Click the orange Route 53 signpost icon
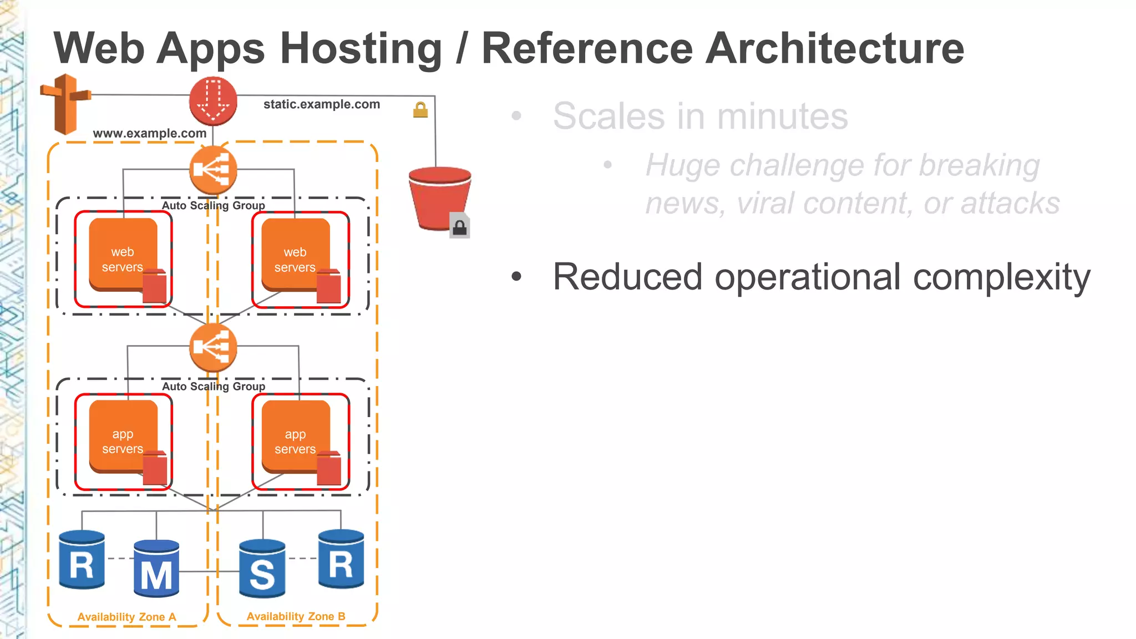(x=65, y=104)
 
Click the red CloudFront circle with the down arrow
(x=213, y=101)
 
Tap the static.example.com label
(x=321, y=104)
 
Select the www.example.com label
(x=149, y=133)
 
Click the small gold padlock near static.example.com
(x=420, y=110)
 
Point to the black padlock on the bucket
(x=459, y=226)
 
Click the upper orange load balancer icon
(x=213, y=170)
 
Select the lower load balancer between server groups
(x=213, y=348)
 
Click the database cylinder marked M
(x=156, y=569)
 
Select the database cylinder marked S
(x=262, y=569)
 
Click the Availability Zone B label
(x=296, y=616)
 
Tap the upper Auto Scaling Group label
(x=214, y=205)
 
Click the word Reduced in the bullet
(x=627, y=277)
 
